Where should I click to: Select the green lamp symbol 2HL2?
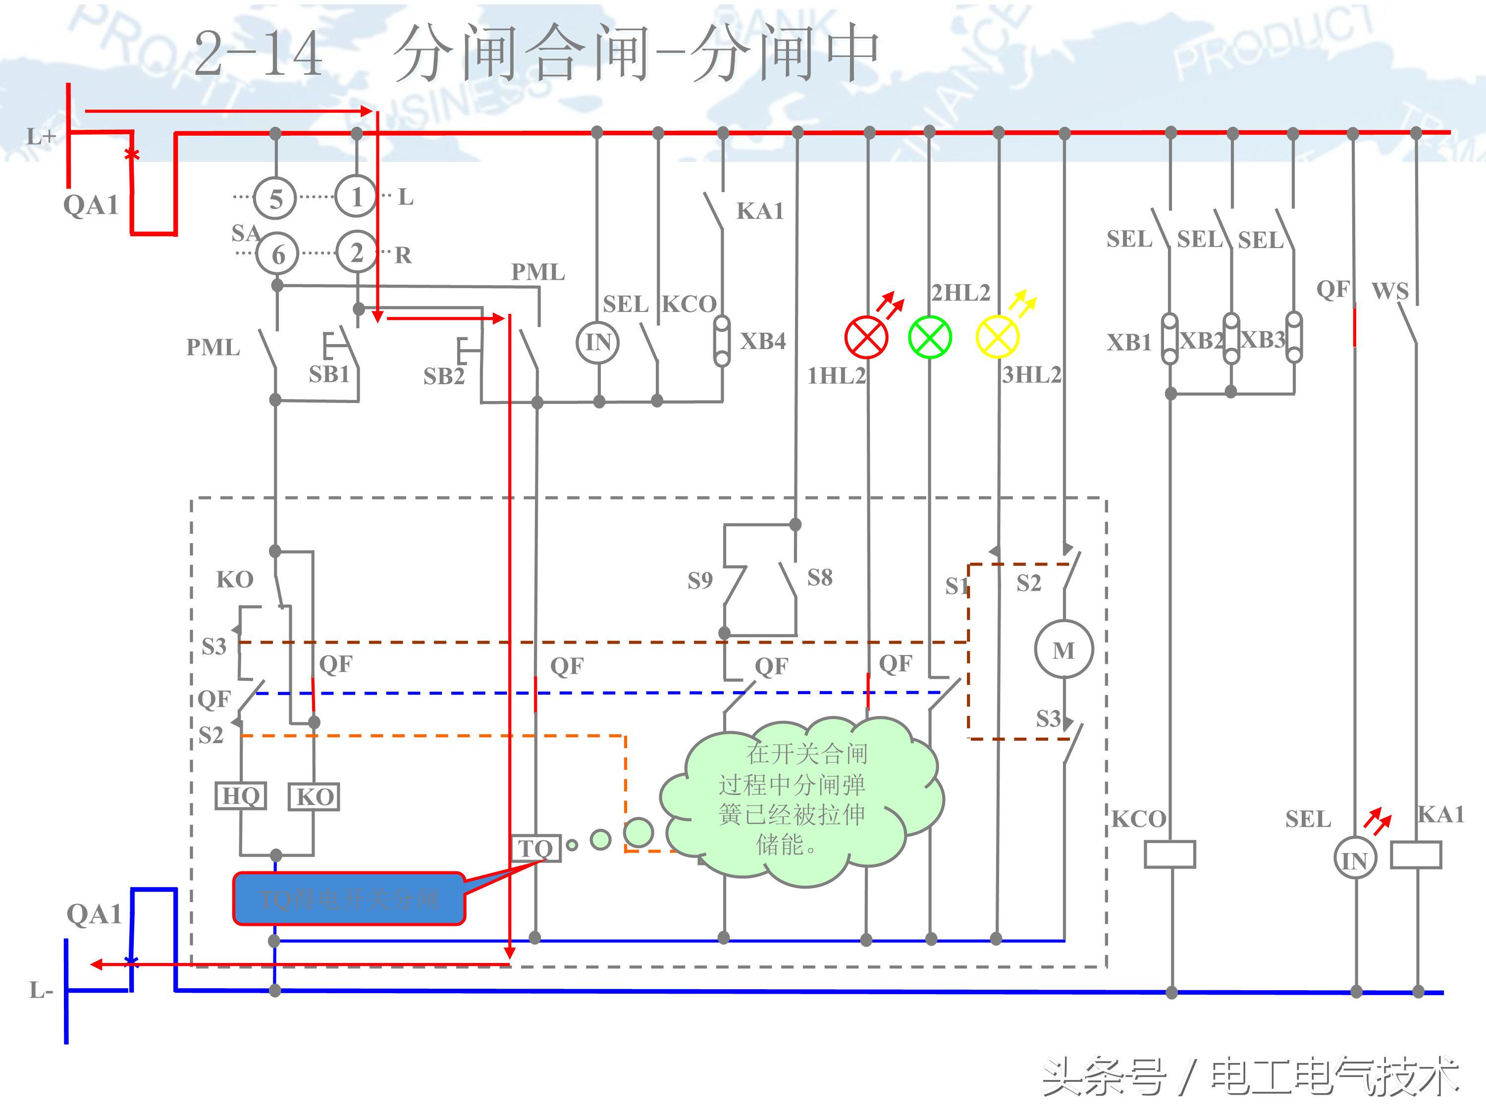pyautogui.click(x=930, y=337)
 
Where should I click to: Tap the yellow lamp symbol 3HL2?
pyautogui.click(x=998, y=337)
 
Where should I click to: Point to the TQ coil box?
pyautogui.click(x=535, y=848)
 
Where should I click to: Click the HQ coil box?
pyautogui.click(x=241, y=796)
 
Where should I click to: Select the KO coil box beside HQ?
pyautogui.click(x=314, y=797)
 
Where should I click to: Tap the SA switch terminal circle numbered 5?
pyautogui.click(x=275, y=199)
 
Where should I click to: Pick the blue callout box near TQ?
pyautogui.click(x=349, y=899)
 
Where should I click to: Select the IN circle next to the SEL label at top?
pyautogui.click(x=598, y=343)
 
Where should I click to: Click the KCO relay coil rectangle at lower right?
pyautogui.click(x=1169, y=854)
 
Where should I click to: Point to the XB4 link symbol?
pyautogui.click(x=722, y=341)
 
